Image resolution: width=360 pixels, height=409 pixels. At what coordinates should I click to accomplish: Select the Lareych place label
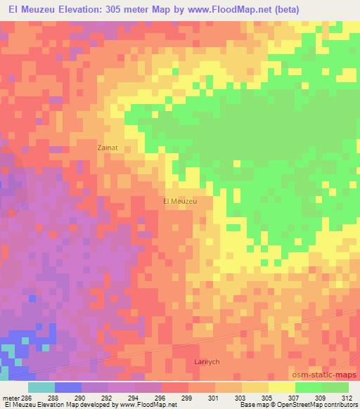tap(207, 361)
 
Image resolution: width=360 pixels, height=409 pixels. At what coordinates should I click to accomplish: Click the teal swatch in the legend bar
tap(41, 387)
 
